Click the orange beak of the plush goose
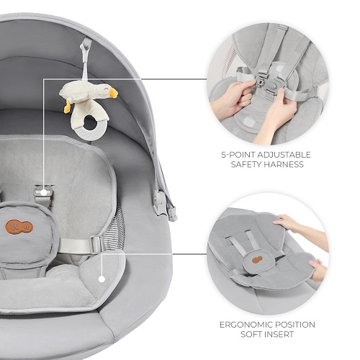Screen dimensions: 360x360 [112, 93]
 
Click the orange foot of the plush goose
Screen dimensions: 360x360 [67, 107]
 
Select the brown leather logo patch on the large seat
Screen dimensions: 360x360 [19, 227]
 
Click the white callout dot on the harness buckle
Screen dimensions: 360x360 [43, 192]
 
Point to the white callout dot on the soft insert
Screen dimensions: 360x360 [102, 279]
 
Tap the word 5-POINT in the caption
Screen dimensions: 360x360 [238, 155]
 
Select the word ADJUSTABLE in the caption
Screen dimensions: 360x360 [284, 155]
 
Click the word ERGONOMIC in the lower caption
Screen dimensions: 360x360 [246, 325]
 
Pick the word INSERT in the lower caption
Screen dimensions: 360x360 [279, 334]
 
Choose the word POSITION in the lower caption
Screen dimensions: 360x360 [295, 325]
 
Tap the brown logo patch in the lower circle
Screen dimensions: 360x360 [257, 260]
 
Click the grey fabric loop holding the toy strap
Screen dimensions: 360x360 [86, 43]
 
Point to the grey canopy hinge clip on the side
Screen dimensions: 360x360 [161, 201]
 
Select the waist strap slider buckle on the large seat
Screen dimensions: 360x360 [97, 244]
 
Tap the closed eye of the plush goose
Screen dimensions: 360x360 [105, 89]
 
